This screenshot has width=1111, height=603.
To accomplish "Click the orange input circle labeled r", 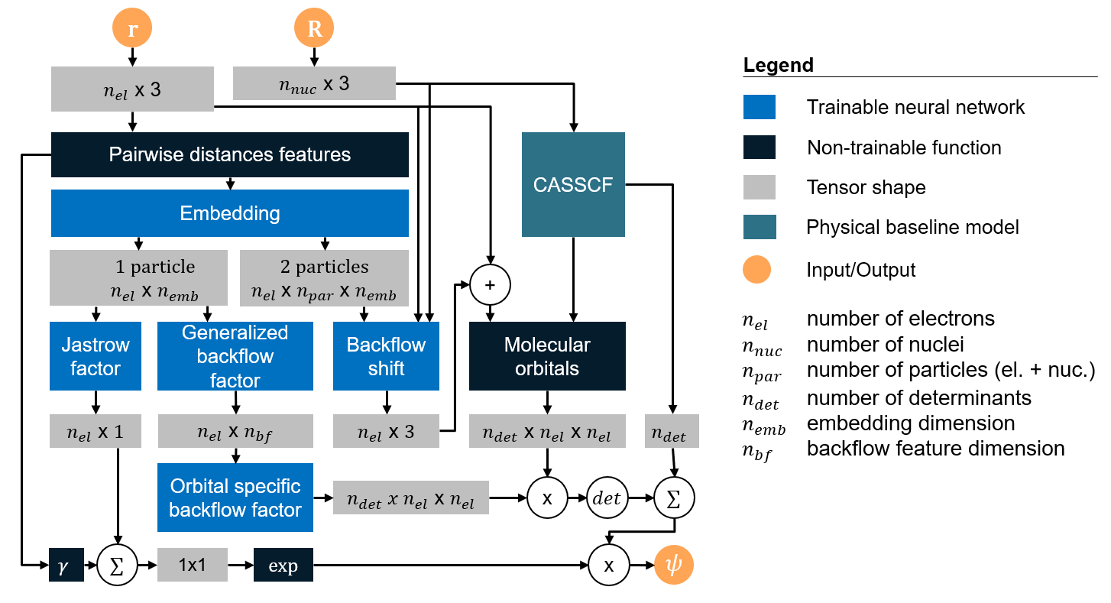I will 132,28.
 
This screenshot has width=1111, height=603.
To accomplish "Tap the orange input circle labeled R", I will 314,28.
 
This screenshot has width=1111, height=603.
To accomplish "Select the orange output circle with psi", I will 674,566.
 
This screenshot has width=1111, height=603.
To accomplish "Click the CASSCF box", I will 573,184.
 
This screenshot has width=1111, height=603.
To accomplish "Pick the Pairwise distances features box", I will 229,154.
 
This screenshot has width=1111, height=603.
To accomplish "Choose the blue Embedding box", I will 229,212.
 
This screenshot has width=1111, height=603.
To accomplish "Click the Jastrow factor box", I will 95,356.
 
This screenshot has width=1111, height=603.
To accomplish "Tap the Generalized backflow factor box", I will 235,356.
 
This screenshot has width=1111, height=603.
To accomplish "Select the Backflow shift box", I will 386,356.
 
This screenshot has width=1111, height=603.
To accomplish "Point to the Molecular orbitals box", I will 547,356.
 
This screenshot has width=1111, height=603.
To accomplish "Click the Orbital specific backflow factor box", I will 235,498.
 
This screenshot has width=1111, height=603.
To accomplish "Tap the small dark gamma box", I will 65,566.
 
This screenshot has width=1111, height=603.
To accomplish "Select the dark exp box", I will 283,566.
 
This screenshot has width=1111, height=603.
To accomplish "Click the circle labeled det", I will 607,498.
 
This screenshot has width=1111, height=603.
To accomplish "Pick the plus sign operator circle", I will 489,284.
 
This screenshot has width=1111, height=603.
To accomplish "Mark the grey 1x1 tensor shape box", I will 192,566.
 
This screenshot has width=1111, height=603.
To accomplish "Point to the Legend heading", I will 778,66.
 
